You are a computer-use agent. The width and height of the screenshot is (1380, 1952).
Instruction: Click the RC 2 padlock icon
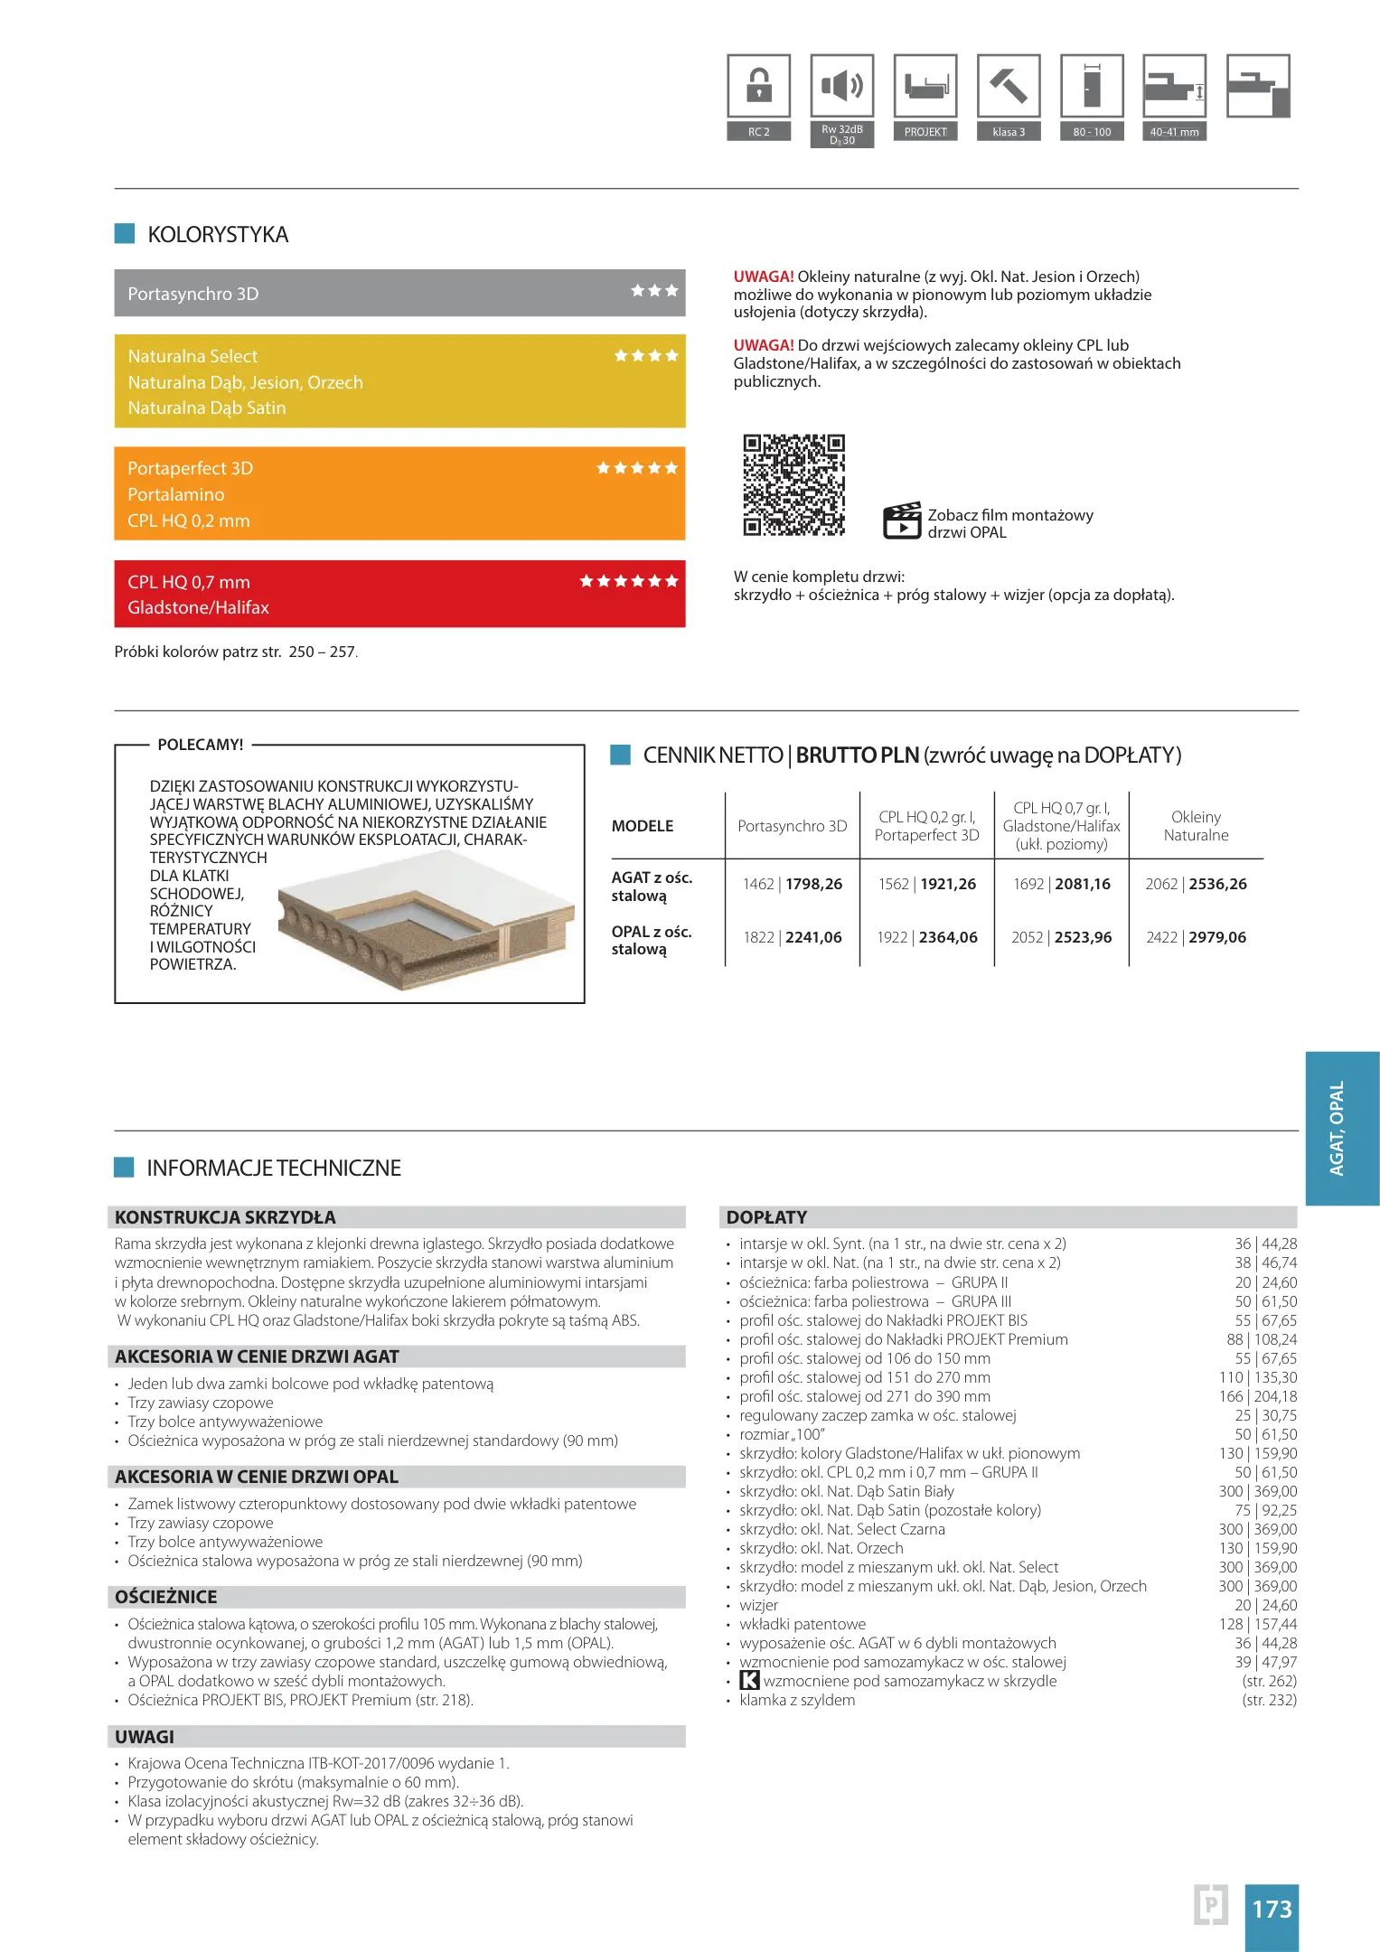(x=758, y=87)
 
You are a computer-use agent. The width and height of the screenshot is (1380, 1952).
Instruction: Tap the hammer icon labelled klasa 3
(x=1009, y=87)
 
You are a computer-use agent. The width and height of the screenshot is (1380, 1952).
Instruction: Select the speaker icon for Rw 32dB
(x=841, y=87)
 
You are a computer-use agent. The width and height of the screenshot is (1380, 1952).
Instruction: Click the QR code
(x=793, y=485)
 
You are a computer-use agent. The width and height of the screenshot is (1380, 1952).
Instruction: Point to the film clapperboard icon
(x=901, y=521)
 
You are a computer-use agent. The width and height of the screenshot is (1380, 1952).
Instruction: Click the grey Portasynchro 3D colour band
(x=399, y=293)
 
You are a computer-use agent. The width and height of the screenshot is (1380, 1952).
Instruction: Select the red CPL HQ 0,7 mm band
(x=399, y=594)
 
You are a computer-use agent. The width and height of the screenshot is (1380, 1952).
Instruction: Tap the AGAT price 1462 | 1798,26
(x=793, y=884)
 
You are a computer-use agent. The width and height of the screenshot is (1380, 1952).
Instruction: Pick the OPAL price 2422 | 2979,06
(x=1196, y=937)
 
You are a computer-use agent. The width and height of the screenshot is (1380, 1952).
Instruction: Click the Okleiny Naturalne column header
(x=1196, y=826)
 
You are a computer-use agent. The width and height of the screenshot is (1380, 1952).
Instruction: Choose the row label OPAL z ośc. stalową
(x=652, y=940)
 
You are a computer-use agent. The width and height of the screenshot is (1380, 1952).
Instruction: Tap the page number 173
(x=1272, y=1910)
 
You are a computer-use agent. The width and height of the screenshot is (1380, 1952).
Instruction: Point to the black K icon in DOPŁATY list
(x=749, y=1681)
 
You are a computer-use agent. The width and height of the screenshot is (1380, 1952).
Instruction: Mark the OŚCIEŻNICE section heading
(x=165, y=1597)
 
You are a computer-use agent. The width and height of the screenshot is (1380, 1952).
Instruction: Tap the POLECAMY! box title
(x=200, y=745)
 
